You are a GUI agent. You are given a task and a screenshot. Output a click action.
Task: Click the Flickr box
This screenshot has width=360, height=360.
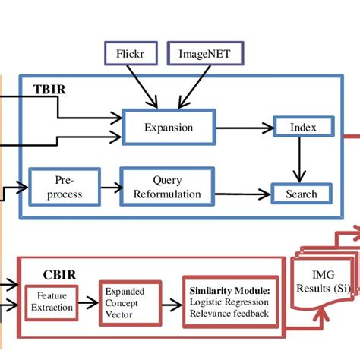130,54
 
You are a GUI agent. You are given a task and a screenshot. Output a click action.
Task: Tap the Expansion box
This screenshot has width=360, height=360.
169,128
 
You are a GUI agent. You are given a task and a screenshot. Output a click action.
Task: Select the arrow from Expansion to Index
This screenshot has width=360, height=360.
243,128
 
